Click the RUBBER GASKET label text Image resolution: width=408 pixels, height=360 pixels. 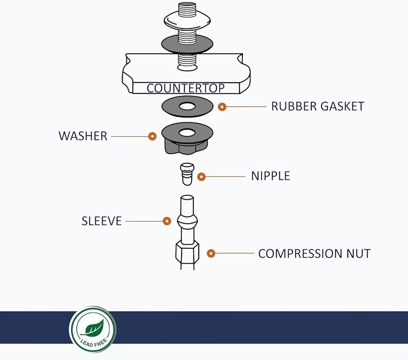[x=317, y=106]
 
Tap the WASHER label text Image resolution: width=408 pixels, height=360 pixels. [x=83, y=136]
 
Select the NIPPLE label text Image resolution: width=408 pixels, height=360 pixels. [x=270, y=176]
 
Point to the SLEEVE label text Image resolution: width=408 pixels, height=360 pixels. [x=102, y=221]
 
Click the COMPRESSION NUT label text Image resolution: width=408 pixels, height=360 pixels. [x=314, y=253]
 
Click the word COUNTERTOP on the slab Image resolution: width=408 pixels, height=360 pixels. [x=186, y=88]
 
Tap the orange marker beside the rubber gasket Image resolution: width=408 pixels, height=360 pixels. [x=222, y=107]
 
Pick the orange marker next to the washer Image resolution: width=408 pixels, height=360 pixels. [x=152, y=136]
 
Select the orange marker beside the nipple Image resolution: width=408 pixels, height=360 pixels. [x=201, y=177]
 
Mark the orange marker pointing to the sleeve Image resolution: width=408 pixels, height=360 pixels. [x=166, y=221]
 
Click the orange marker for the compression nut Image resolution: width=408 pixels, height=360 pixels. [x=211, y=253]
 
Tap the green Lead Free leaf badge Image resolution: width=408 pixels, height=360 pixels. [x=92, y=329]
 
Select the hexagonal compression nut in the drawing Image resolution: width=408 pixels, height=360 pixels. [x=187, y=252]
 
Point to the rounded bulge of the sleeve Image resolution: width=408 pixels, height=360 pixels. [x=187, y=221]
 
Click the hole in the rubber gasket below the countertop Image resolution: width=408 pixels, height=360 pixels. [x=187, y=106]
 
